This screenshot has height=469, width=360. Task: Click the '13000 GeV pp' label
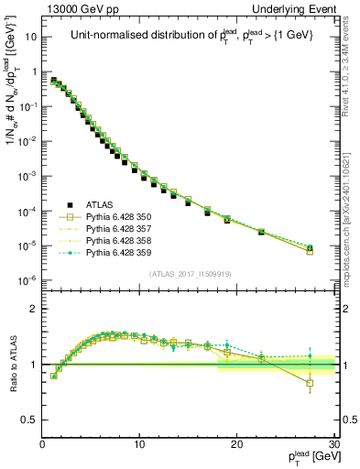click(77, 8)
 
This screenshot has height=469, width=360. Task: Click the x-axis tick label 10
click(139, 443)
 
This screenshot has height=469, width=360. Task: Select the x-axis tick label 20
click(236, 443)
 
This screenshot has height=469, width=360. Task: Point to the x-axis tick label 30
click(333, 443)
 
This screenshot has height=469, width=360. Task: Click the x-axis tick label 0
click(42, 443)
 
